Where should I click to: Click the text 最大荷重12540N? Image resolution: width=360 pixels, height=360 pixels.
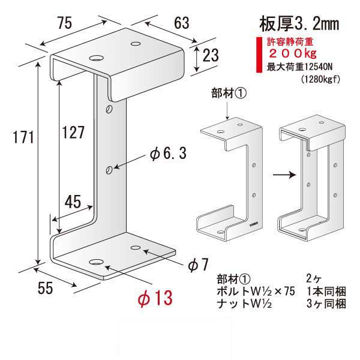[x=298, y=67]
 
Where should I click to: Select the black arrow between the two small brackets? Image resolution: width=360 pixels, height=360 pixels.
[x=265, y=175]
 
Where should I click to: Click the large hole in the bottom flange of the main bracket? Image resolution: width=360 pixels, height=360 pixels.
[x=96, y=262]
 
